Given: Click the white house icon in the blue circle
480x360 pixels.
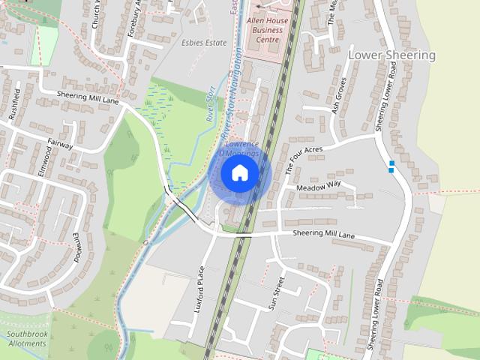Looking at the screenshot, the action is tap(239, 172).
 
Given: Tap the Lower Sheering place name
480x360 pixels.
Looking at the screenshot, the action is tap(391, 55).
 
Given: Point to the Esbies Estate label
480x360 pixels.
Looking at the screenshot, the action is tap(203, 43).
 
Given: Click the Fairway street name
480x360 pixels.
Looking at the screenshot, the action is tap(61, 143).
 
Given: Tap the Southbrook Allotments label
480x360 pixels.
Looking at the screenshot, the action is tap(25, 338).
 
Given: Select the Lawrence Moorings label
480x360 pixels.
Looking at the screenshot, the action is tap(241, 148).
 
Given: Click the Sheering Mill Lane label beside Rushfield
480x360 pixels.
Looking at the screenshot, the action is tap(88, 98).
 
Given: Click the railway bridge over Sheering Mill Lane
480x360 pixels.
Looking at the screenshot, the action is tap(243, 235).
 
